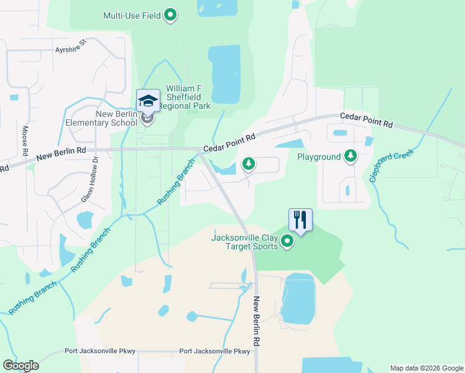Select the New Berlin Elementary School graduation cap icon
(148, 101)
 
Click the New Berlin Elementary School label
(101, 118)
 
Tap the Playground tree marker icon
(351, 156)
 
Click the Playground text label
(319, 157)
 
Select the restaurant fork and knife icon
(300, 219)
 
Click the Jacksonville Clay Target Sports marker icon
(287, 241)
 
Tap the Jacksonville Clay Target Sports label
(244, 241)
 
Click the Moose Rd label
(25, 141)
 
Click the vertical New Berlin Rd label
(256, 321)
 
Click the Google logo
(21, 366)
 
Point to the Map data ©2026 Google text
(426, 368)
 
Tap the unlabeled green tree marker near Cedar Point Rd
(248, 163)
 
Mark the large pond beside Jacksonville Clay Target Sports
(298, 298)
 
